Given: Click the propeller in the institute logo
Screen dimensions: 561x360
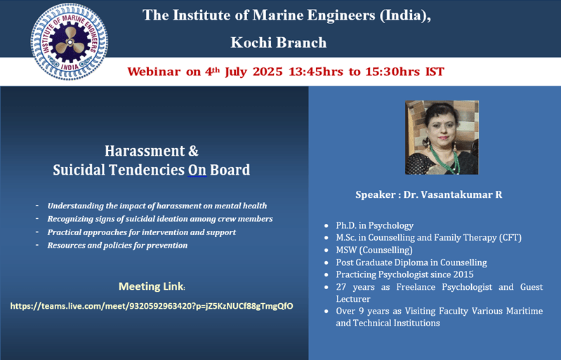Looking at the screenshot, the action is tap(70, 42).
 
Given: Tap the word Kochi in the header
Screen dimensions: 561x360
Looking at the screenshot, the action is tap(251, 43).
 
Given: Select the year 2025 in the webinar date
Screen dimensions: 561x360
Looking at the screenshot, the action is tap(268, 72).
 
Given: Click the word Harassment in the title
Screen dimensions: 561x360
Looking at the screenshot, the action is tap(145, 151).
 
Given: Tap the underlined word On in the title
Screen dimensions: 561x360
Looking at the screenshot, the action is tap(197, 170).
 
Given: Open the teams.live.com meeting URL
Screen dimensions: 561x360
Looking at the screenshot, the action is tap(152, 306).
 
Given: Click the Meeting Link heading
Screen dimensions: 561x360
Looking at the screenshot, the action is tap(152, 286).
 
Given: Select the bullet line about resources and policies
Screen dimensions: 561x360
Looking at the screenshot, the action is tap(117, 246).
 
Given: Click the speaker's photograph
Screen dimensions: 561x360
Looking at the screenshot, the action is tap(442, 138).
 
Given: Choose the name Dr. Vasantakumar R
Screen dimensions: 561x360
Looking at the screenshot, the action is tap(453, 195).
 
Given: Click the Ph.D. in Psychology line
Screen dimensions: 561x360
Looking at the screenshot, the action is tap(375, 225).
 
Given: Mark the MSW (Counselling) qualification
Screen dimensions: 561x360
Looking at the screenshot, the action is tap(374, 250).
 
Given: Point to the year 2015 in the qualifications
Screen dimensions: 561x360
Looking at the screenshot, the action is tap(463, 274).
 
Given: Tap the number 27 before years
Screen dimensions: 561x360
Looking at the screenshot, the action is tap(341, 287).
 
